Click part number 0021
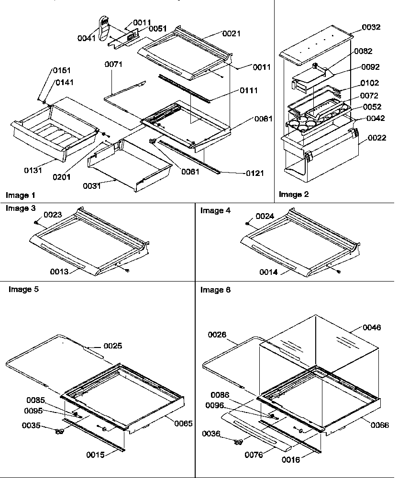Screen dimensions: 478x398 tap(231, 33)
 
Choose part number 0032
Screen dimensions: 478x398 tap(371, 27)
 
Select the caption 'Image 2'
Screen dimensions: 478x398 tap(294, 194)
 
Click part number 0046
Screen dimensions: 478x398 tap(372, 327)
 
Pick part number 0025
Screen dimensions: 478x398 tap(112, 346)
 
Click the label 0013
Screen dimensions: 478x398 tap(60, 272)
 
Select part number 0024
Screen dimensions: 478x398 tap(265, 216)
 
